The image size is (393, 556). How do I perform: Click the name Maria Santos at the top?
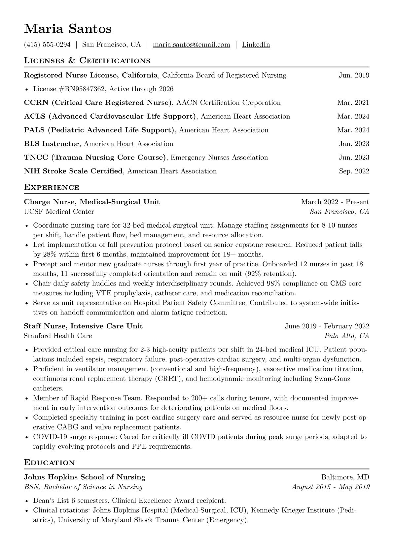(68, 29)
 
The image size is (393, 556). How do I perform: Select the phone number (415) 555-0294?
(47, 45)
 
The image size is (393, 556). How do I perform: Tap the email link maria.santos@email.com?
(191, 45)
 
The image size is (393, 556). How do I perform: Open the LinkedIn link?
(256, 45)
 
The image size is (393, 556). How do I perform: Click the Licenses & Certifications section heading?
(87, 61)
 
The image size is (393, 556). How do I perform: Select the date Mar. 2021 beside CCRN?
(353, 103)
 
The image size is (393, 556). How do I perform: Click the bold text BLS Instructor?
(52, 144)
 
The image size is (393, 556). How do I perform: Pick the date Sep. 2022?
(354, 171)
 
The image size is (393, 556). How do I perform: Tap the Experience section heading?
(52, 188)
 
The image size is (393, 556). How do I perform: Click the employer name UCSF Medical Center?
(59, 211)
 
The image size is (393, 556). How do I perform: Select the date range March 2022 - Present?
(335, 202)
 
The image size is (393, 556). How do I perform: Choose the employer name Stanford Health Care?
(58, 336)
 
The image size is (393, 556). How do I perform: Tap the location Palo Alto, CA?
(347, 336)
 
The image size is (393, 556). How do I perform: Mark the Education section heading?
(50, 463)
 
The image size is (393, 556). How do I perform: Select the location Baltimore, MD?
(345, 477)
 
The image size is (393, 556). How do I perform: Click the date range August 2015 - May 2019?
(331, 487)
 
